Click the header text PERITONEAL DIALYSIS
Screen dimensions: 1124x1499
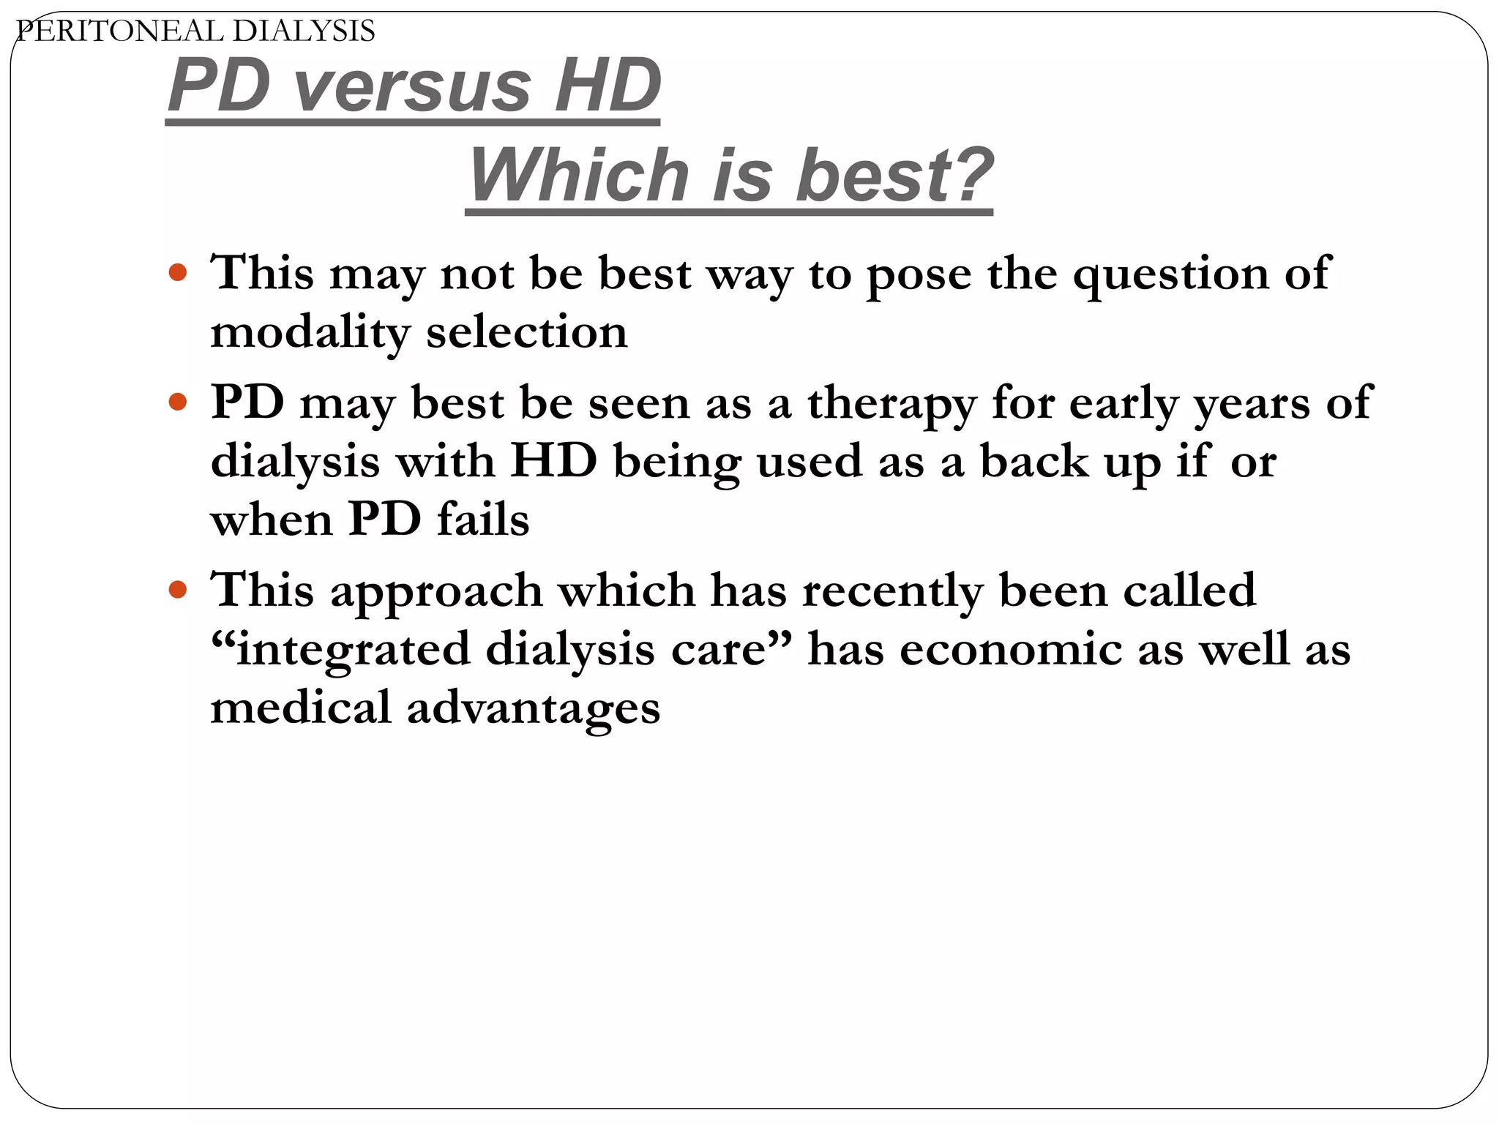(x=195, y=31)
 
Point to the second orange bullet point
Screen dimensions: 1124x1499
(x=178, y=402)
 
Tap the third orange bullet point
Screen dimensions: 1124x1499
(x=178, y=590)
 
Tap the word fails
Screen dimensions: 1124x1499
(x=483, y=520)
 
